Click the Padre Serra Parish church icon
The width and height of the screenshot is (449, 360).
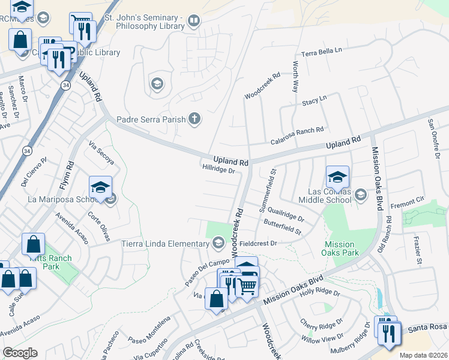[194, 119]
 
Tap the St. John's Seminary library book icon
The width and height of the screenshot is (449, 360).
[193, 22]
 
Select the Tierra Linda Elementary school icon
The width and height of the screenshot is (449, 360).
[218, 243]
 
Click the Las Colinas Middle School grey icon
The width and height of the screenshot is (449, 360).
[360, 194]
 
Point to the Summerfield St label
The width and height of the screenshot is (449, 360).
[268, 189]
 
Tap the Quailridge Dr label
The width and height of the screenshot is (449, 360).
[286, 213]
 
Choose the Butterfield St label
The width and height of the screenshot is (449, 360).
[282, 227]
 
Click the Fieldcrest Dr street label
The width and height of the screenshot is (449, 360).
[258, 243]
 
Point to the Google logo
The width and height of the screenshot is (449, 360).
[20, 353]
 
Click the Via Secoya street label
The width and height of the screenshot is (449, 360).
[101, 152]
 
